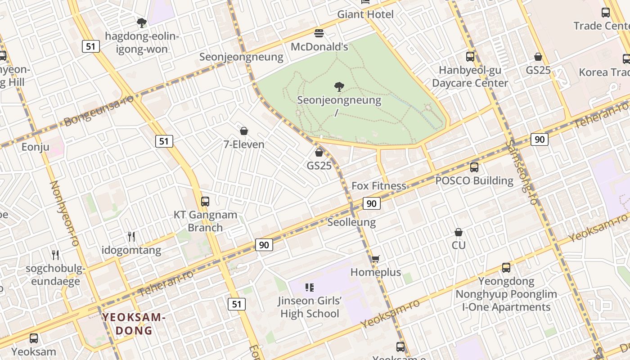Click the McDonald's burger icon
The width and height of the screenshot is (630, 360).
pyautogui.click(x=319, y=33)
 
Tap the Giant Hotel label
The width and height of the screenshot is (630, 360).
pyautogui.click(x=365, y=14)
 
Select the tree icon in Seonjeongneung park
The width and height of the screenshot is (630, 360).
pyautogui.click(x=339, y=86)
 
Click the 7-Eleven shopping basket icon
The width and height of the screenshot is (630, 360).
pyautogui.click(x=244, y=131)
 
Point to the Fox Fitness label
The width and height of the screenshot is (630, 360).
pyautogui.click(x=378, y=186)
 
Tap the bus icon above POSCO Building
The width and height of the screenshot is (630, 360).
pyautogui.click(x=474, y=167)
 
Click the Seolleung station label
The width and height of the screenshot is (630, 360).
pyautogui.click(x=351, y=222)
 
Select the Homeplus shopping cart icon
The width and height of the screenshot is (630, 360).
pyautogui.click(x=376, y=259)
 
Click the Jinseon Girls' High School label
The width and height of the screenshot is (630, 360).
pyautogui.click(x=310, y=307)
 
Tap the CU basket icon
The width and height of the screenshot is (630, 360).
pyautogui.click(x=459, y=232)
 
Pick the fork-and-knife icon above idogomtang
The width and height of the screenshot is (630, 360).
pyautogui.click(x=131, y=236)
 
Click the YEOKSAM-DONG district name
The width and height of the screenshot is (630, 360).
pyautogui.click(x=134, y=324)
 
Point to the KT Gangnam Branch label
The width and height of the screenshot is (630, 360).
pyautogui.click(x=205, y=221)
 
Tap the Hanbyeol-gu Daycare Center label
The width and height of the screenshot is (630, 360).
pyautogui.click(x=470, y=76)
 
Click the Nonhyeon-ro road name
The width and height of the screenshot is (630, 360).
pyautogui.click(x=64, y=213)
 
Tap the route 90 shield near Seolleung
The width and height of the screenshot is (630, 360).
pyautogui.click(x=371, y=204)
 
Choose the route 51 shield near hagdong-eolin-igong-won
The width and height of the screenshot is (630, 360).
pyautogui.click(x=91, y=46)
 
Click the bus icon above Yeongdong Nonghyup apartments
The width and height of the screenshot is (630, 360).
pyautogui.click(x=506, y=268)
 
